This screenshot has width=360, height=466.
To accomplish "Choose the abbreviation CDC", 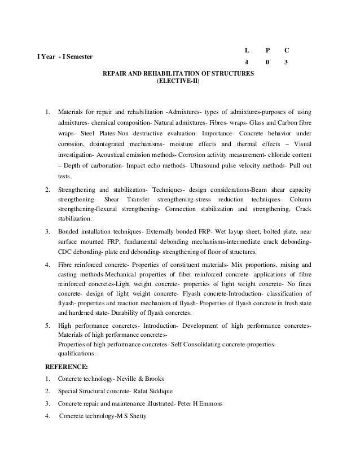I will pos(66,252).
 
